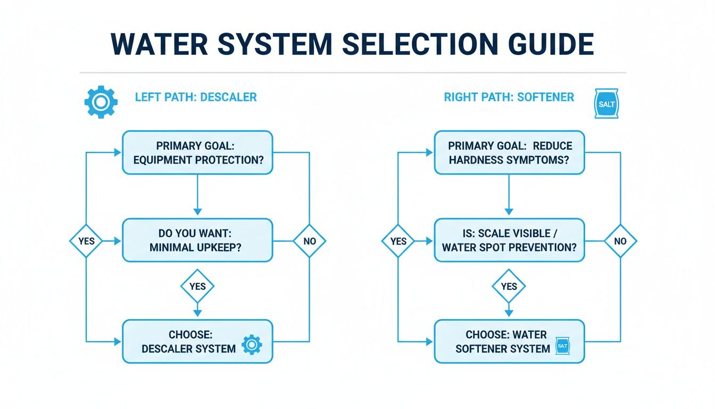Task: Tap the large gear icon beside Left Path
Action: (100, 102)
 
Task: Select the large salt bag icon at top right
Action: (606, 103)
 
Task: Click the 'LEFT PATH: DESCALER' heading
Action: (195, 97)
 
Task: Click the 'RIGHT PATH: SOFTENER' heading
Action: (509, 97)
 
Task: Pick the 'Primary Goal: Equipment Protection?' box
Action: (197, 153)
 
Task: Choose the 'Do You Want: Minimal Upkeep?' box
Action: (197, 241)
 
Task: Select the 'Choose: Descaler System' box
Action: (197, 341)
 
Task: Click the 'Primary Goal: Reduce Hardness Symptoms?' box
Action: (509, 153)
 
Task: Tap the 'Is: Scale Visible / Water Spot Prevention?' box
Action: (509, 241)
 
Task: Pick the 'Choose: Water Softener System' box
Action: (509, 341)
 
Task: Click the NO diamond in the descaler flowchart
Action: (309, 241)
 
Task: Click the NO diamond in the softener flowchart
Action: (620, 241)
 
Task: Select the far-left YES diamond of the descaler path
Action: (86, 241)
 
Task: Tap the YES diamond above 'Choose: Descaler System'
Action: (197, 287)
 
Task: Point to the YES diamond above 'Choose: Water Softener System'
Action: (509, 287)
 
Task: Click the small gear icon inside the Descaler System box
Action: (252, 345)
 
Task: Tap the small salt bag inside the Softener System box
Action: (562, 346)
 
